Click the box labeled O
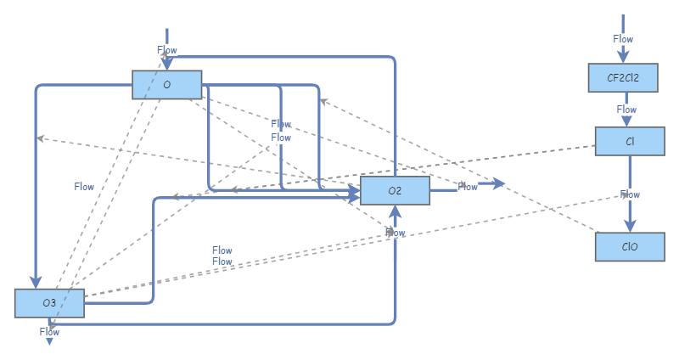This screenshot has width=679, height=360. coord(166,84)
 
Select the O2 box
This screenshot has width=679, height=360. coord(395,190)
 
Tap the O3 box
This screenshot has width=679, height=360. coord(49,303)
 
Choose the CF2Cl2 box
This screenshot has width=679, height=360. coord(623,77)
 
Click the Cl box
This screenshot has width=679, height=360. coord(629,141)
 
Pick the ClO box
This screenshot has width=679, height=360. coord(629,247)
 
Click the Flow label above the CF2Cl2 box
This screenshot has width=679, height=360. coord(623,39)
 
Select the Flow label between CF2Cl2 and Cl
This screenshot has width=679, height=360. coord(626,110)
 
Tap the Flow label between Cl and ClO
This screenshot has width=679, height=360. coord(630,194)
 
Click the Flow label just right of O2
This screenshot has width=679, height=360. coord(468,186)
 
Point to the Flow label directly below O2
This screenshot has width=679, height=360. coord(396,232)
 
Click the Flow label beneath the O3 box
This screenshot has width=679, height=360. coord(49,332)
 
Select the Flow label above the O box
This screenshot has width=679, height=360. coord(167,50)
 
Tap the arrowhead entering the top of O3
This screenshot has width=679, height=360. coord(36,283)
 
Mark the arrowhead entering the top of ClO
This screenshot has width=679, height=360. coord(629,227)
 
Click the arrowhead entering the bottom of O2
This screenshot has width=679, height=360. coord(396,211)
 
